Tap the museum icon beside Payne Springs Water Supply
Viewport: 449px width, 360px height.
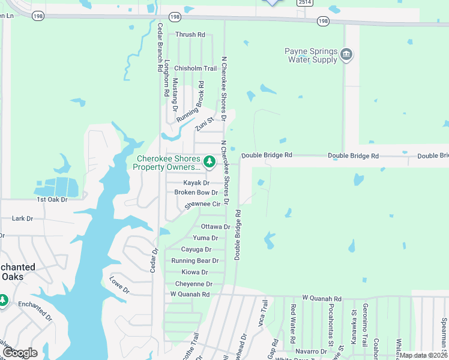tap(346, 55)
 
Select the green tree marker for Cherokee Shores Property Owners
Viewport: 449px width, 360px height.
tap(209, 161)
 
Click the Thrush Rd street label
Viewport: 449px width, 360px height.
tap(190, 35)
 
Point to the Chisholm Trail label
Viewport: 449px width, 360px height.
tap(195, 69)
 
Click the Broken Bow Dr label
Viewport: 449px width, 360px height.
tap(196, 193)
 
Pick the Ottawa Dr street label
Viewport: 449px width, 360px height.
tap(215, 227)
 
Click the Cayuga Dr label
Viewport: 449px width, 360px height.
tap(196, 250)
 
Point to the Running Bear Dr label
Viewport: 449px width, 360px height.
tap(195, 261)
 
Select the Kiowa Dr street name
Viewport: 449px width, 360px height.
tap(196, 272)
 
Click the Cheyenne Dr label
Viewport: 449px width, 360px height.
tap(194, 284)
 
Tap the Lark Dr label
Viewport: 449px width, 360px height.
tap(22, 219)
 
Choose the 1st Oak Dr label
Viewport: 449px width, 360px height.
tap(52, 199)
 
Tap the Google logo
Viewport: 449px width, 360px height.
tap(19, 353)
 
